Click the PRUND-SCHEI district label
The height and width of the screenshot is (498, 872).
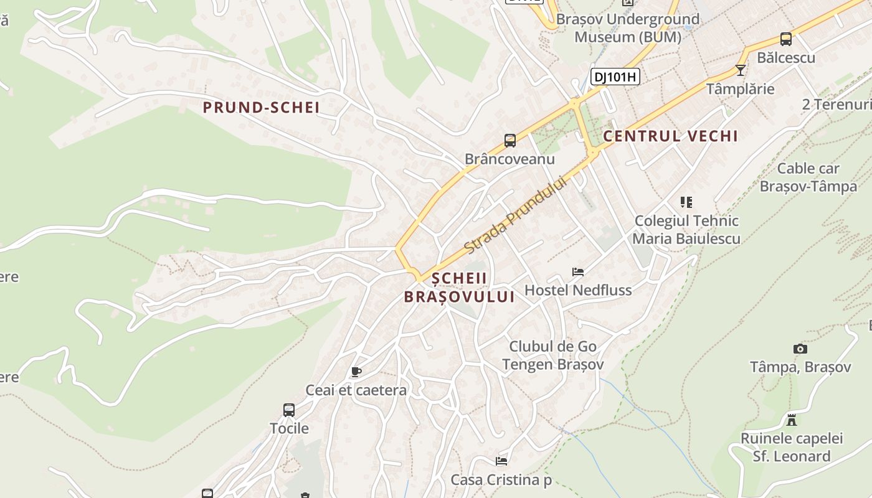(261, 108)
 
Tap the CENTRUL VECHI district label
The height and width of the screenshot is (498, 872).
(670, 136)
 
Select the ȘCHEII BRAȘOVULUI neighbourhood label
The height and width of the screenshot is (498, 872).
(459, 288)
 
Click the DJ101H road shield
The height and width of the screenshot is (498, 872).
(615, 77)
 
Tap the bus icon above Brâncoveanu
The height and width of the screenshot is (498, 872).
(510, 141)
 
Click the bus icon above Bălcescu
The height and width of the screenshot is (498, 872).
(786, 39)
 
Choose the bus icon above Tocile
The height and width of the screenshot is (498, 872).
(289, 410)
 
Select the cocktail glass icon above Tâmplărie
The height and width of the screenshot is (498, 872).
(740, 70)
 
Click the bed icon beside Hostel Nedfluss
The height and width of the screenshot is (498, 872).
(578, 272)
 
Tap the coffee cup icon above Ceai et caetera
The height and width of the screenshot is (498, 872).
(356, 372)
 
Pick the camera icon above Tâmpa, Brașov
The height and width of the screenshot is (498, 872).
(800, 349)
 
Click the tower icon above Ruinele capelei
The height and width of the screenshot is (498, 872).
(792, 420)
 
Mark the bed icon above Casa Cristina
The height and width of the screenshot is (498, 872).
(501, 461)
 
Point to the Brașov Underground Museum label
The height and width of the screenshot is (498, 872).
(627, 28)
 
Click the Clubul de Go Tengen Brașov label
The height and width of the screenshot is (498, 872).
(552, 355)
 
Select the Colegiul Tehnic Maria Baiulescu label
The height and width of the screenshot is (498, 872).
(686, 230)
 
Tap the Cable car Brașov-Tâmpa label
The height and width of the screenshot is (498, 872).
(808, 177)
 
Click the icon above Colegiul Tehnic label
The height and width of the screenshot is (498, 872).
(686, 202)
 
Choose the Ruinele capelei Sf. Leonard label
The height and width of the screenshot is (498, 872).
(792, 448)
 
